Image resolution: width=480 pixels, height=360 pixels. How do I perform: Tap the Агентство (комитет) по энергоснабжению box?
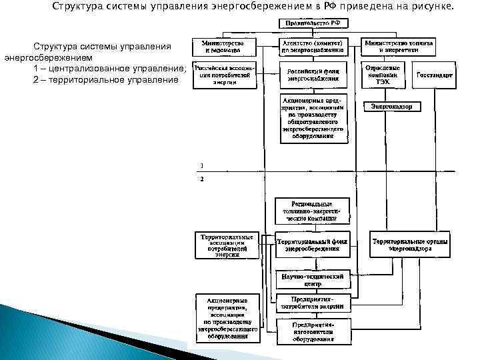(x=313, y=45)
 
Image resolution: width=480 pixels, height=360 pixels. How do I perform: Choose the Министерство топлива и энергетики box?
(x=401, y=45)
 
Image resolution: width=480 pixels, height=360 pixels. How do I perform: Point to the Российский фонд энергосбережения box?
(x=313, y=74)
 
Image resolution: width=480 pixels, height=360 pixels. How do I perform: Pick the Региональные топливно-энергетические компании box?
(x=312, y=211)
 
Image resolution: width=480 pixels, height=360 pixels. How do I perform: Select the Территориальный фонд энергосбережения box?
(x=313, y=245)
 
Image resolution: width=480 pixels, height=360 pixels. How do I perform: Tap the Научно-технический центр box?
(x=313, y=278)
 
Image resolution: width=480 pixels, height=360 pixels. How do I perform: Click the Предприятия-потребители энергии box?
(x=313, y=302)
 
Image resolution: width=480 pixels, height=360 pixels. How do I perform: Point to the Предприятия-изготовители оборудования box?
(x=313, y=331)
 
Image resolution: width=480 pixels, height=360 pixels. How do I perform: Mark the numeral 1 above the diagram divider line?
(x=202, y=165)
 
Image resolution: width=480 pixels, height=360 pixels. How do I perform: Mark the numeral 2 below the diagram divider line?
(x=202, y=179)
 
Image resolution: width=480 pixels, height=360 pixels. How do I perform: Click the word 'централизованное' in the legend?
(x=95, y=69)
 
